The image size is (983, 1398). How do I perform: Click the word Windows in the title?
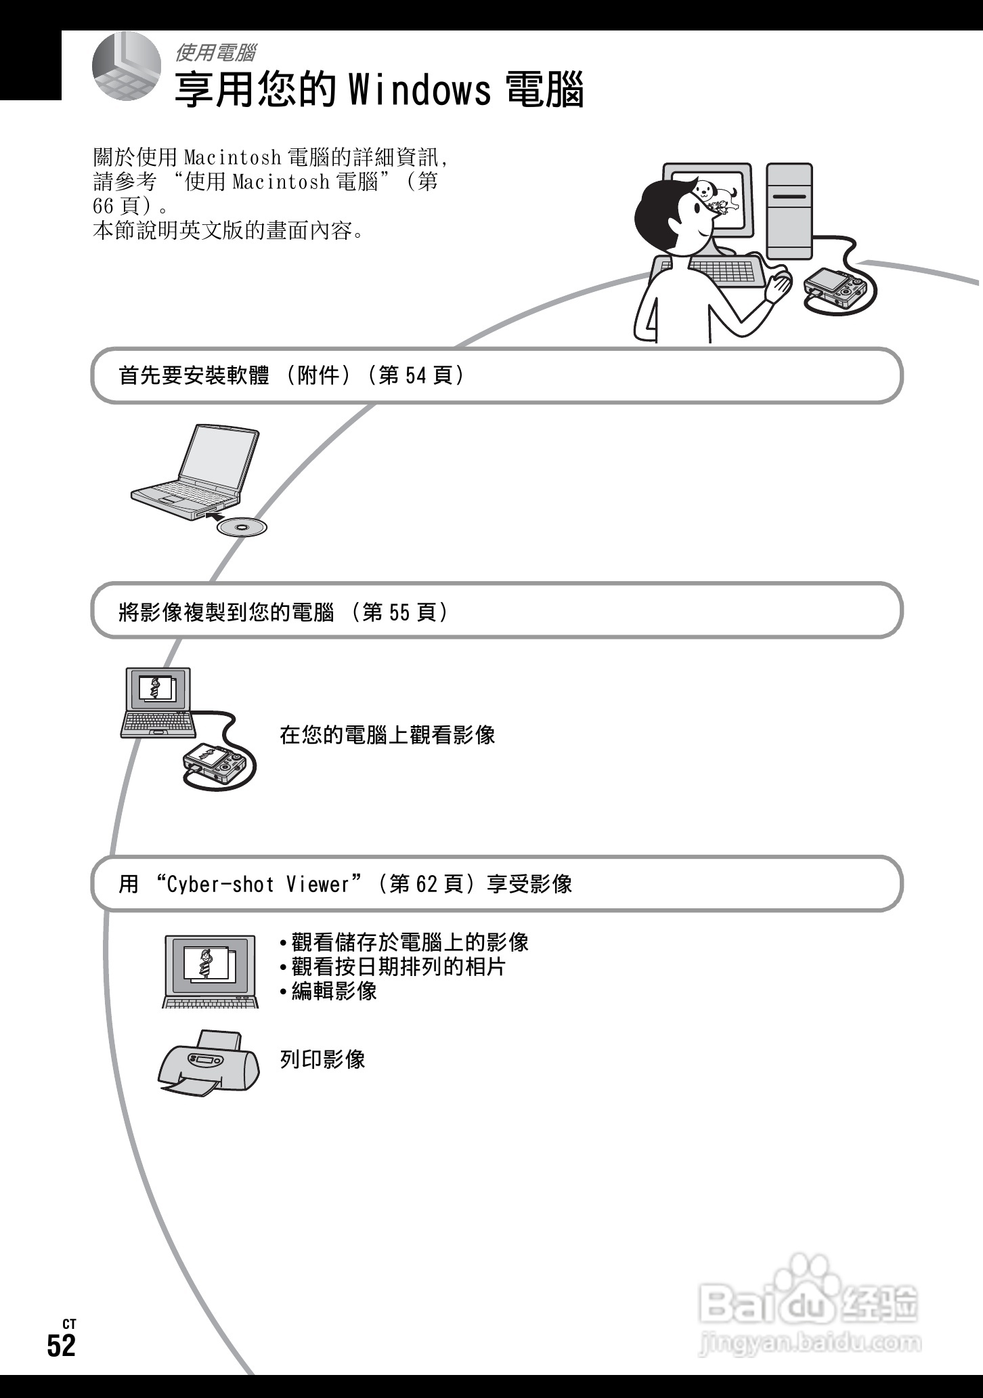tap(420, 91)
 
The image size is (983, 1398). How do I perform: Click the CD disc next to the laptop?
tap(242, 527)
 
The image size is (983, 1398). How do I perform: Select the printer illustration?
tap(209, 1061)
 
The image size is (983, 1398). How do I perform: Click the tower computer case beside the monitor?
tap(789, 211)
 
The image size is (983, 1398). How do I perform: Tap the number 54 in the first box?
tap(416, 375)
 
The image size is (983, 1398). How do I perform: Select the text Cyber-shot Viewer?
tap(267, 885)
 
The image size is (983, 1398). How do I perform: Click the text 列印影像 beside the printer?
tap(323, 1059)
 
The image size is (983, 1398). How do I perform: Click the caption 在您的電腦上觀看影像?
tap(387, 735)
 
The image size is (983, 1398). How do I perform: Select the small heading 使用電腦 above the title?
tap(215, 52)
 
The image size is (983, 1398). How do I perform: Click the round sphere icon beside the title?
tap(127, 66)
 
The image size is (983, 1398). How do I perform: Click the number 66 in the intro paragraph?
tap(103, 206)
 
